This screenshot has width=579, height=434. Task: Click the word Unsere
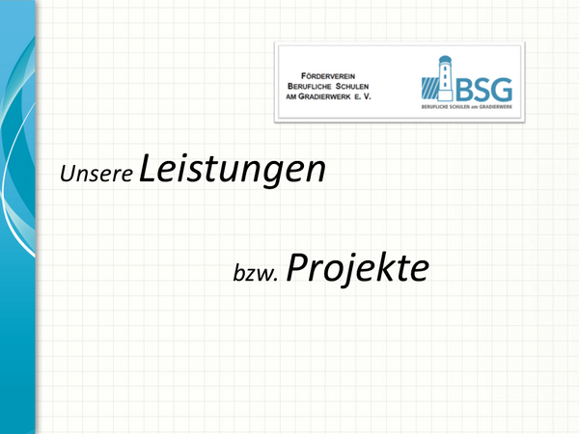pos(96,173)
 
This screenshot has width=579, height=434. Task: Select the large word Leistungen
pos(233,169)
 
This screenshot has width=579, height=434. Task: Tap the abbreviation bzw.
pos(255,274)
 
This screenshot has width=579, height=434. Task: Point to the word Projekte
pos(357,268)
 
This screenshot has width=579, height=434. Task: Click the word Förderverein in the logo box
pos(328,76)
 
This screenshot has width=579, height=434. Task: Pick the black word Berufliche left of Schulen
pos(310,87)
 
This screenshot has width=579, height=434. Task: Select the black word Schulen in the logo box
pos(352,87)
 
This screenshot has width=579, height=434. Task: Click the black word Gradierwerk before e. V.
pos(324,96)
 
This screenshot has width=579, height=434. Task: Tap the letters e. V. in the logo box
pos(362,96)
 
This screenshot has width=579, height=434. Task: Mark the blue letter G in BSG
pos(502,90)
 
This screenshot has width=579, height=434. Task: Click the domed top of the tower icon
pos(445,60)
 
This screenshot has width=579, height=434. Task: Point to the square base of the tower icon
pos(445,95)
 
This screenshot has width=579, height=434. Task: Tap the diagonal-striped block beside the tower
pos(429,88)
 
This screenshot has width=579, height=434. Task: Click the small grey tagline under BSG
pos(467,107)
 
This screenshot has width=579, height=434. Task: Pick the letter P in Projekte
pos(297,266)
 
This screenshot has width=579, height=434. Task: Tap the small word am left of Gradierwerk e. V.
pos(291,97)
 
